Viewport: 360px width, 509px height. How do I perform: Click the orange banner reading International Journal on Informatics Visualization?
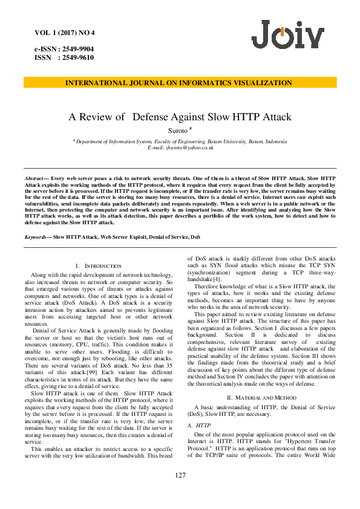coord(179,83)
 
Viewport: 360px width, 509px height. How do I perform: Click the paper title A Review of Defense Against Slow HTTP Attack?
coord(180,117)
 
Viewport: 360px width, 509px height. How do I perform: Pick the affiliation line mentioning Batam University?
coord(180,141)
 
